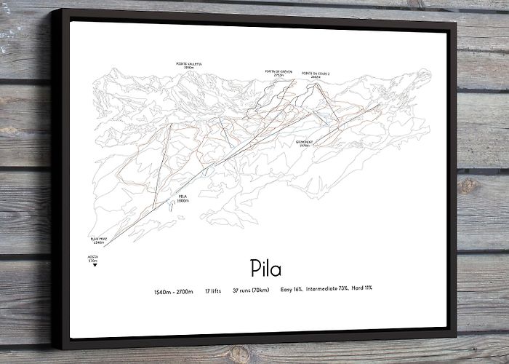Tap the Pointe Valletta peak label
pyautogui.click(x=188, y=64)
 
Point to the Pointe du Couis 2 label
pyautogui.click(x=314, y=74)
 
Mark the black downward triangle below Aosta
pyautogui.click(x=94, y=266)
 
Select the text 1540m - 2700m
pyautogui.click(x=174, y=291)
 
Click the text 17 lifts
pyautogui.click(x=213, y=291)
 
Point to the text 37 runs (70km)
pyautogui.click(x=251, y=291)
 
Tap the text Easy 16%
pyautogui.click(x=292, y=290)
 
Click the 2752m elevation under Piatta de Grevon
pyautogui.click(x=278, y=75)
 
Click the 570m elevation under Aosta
pyautogui.click(x=93, y=261)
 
